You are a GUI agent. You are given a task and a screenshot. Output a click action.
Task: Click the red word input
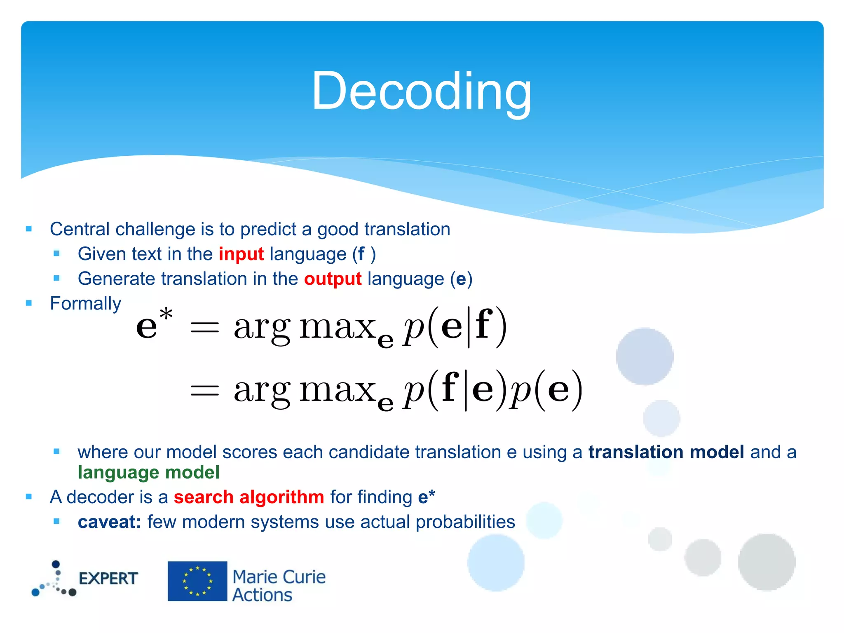(x=241, y=254)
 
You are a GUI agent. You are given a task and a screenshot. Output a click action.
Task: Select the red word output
(x=333, y=279)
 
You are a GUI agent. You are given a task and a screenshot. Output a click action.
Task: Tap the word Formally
(x=85, y=304)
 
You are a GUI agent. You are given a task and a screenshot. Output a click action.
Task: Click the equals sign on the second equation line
(x=204, y=389)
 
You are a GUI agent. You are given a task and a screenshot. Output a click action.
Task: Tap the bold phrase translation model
(x=666, y=452)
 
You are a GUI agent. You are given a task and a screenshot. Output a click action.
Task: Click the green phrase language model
(x=148, y=472)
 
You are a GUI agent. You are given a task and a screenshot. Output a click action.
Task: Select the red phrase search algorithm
(x=249, y=497)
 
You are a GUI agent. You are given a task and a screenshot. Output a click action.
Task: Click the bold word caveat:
(x=109, y=522)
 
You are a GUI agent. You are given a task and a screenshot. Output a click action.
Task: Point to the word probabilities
(x=465, y=522)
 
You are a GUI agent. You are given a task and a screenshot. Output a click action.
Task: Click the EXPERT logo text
(x=108, y=579)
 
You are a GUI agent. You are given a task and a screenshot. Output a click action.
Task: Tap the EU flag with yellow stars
(x=197, y=581)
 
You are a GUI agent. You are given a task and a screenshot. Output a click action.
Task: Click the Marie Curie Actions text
(x=279, y=586)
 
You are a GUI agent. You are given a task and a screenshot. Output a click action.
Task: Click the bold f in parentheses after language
(x=361, y=254)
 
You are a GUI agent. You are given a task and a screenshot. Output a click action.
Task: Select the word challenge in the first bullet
(x=155, y=229)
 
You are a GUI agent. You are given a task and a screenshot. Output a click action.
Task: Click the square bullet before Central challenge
(x=28, y=229)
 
